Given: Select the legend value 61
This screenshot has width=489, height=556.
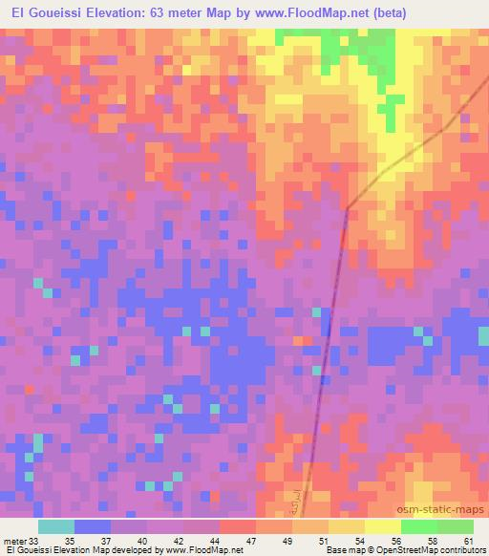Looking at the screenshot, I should click(x=465, y=540).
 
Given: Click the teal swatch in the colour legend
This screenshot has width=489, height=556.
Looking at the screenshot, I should click(x=56, y=526).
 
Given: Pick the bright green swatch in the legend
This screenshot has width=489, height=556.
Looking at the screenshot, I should click(x=418, y=526).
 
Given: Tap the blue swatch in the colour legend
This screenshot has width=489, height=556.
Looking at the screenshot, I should click(x=93, y=526).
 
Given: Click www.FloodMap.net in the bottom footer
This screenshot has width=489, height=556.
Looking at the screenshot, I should click(x=203, y=550).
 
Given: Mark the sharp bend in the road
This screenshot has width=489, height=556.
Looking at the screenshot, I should click(x=347, y=207).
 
